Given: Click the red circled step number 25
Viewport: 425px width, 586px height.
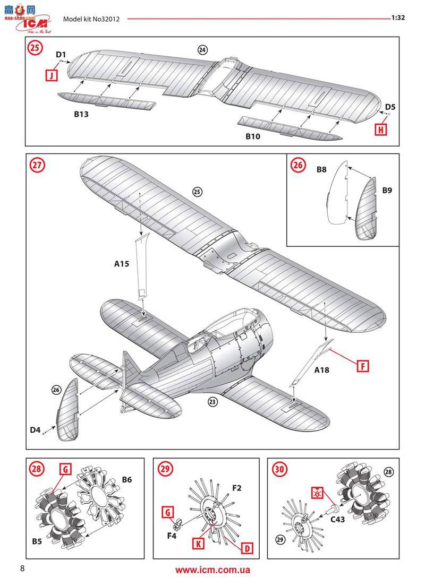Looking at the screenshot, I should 35,48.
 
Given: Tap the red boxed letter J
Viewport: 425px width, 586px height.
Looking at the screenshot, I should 51,75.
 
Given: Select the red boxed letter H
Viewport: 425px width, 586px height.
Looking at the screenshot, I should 381,128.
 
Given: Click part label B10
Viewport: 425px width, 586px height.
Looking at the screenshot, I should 253,136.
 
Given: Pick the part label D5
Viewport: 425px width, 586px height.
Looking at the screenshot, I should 390,106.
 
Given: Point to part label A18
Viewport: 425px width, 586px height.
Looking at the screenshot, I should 321,370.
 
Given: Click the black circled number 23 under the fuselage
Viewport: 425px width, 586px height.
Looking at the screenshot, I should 212,402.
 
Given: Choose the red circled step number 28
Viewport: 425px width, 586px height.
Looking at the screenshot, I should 37,469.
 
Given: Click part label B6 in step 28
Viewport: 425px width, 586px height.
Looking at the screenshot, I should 127,480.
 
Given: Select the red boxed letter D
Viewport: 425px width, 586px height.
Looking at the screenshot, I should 246,547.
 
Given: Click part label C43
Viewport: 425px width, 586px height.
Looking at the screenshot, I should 337,520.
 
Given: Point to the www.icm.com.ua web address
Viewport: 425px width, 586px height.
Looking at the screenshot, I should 212,570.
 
